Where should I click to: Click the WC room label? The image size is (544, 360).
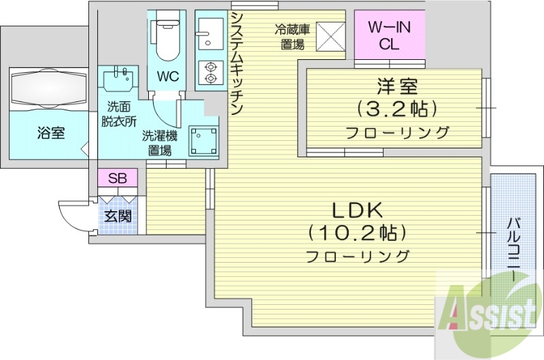168,77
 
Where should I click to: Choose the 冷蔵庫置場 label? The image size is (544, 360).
293,37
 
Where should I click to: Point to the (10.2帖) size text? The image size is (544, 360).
357,233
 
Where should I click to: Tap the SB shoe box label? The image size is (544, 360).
118,178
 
